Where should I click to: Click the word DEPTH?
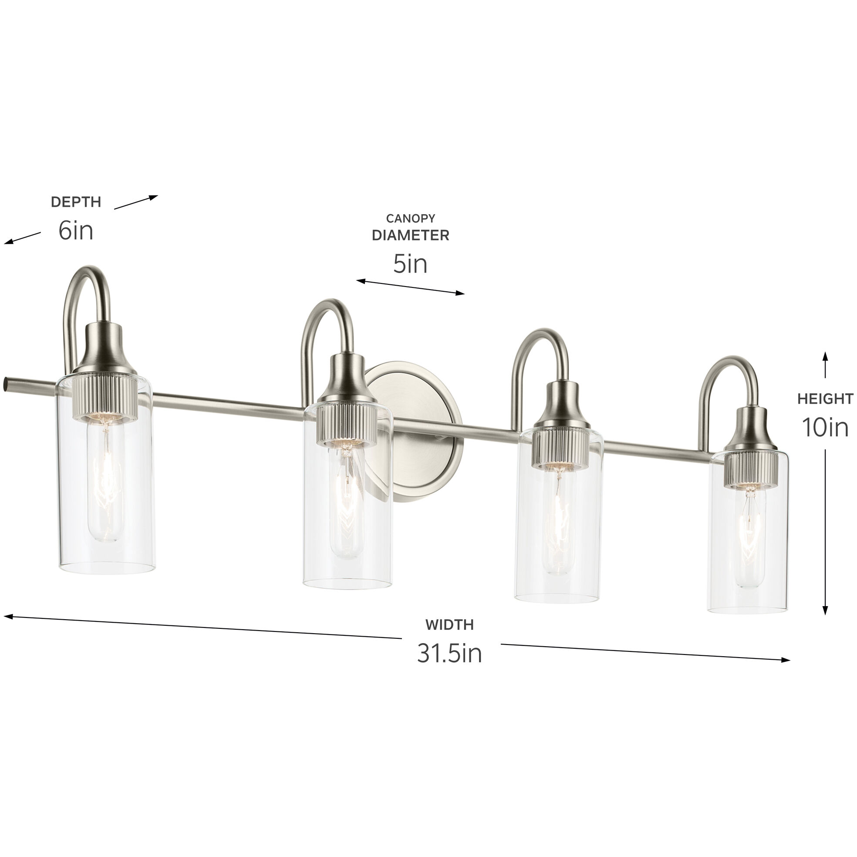tap(76, 202)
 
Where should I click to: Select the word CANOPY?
tap(410, 218)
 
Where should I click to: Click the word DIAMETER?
tap(410, 236)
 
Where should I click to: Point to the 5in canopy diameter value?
tap(410, 264)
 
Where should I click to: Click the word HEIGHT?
tap(825, 399)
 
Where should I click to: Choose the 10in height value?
tap(825, 428)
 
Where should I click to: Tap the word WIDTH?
tap(449, 624)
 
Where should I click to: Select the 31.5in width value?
tap(449, 653)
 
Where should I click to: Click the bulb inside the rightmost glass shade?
tap(749, 537)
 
